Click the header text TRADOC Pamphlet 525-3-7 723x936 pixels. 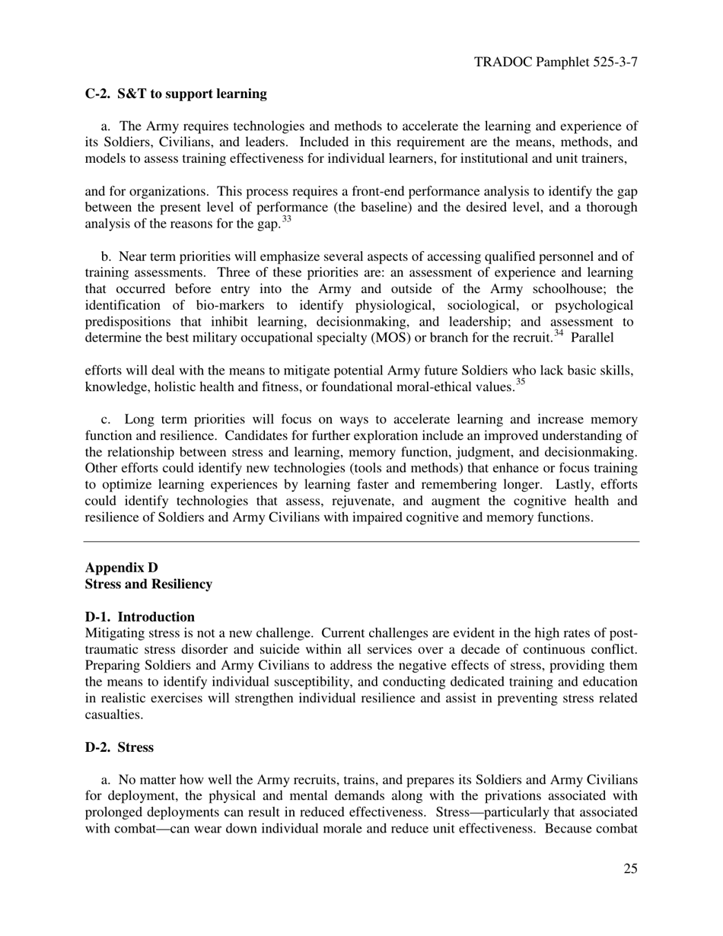pyautogui.click(x=556, y=62)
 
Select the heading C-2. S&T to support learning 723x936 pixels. pyautogui.click(x=176, y=94)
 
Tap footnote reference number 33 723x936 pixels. pyautogui.click(x=287, y=220)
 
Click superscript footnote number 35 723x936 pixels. pyautogui.click(x=521, y=384)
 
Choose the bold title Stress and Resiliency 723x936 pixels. pyautogui.click(x=148, y=584)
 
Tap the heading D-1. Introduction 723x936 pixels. pyautogui.click(x=140, y=617)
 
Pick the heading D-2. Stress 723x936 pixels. pyautogui.click(x=119, y=747)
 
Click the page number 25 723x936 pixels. pyautogui.click(x=629, y=869)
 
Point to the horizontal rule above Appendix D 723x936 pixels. pyautogui.click(x=361, y=542)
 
